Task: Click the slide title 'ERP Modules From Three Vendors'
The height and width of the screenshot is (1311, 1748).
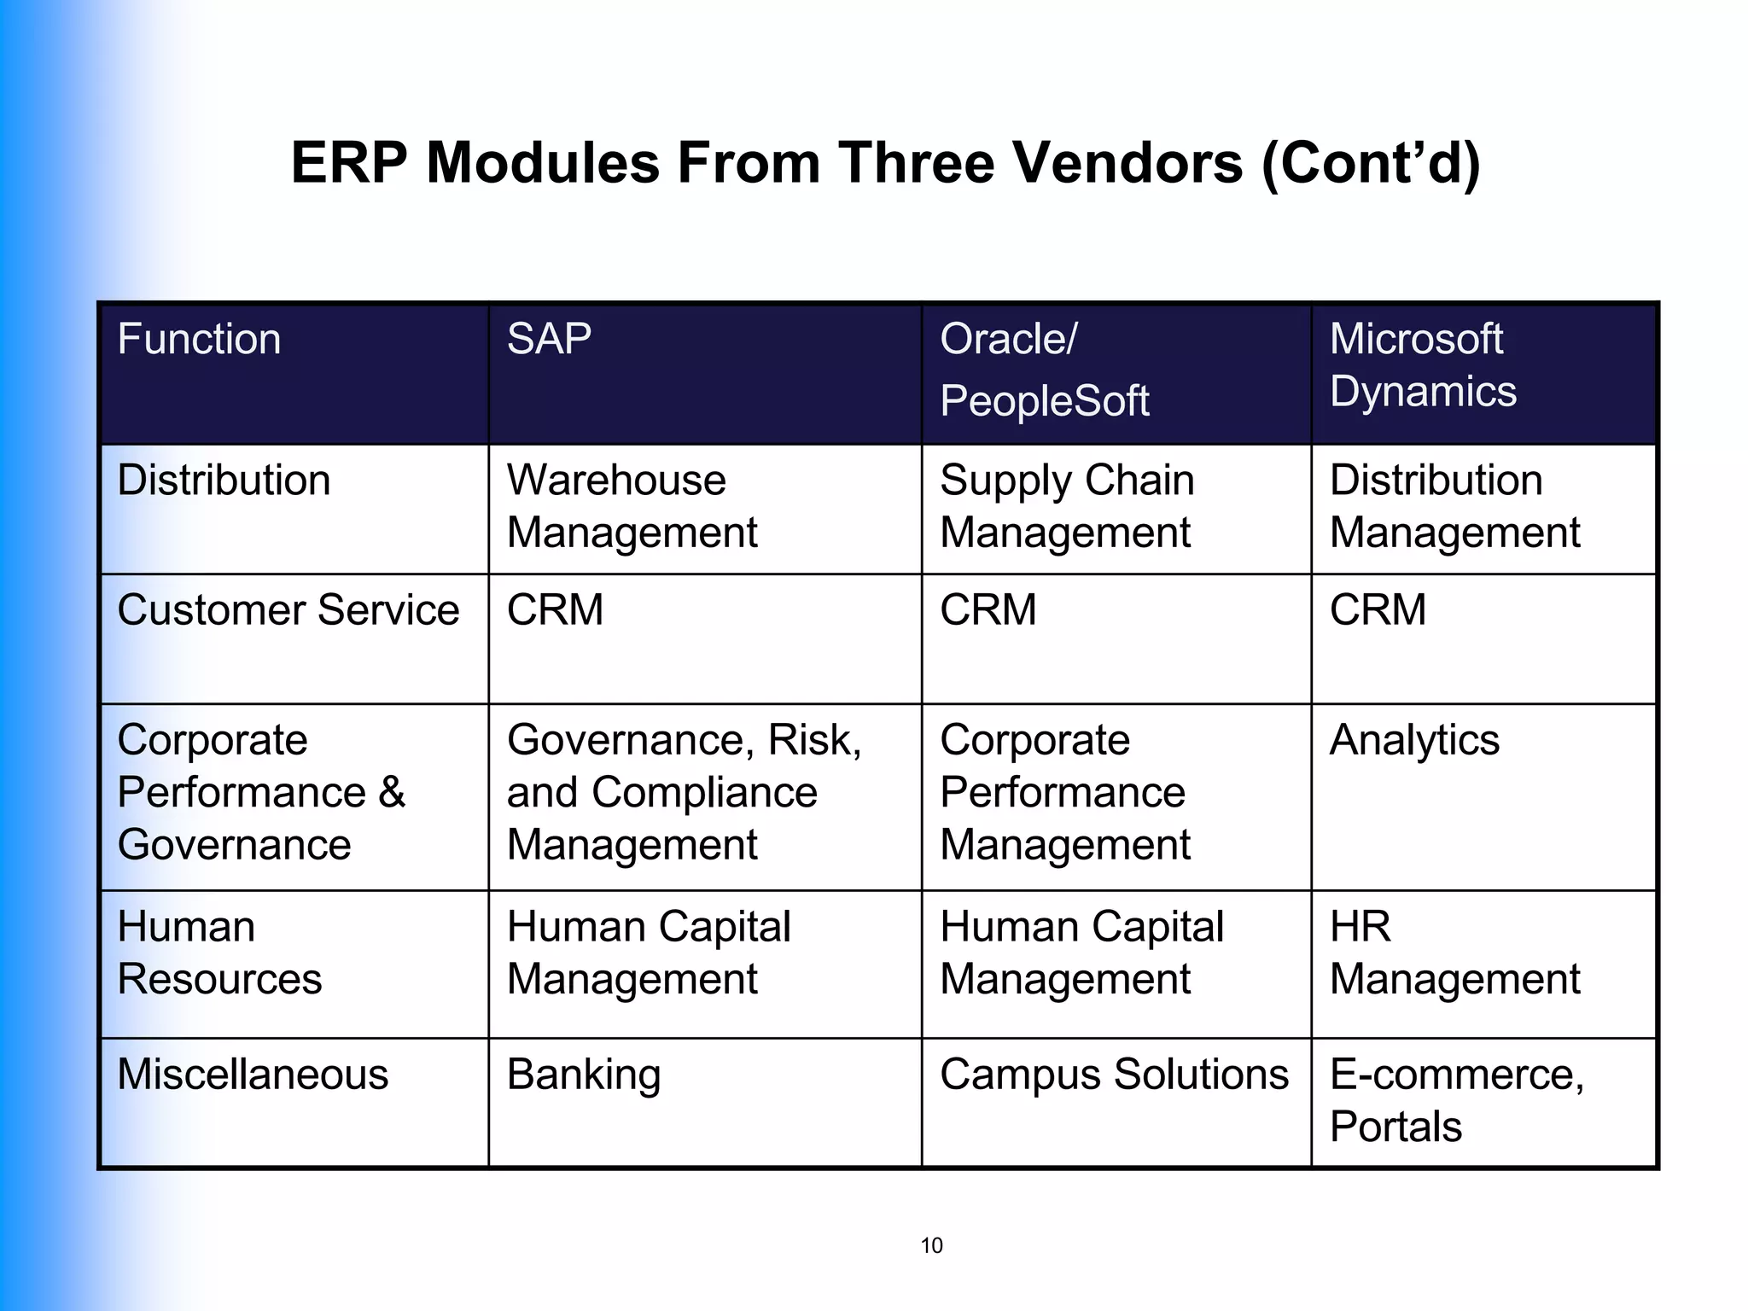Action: [x=885, y=162]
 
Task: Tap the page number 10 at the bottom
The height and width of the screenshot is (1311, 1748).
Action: [x=931, y=1246]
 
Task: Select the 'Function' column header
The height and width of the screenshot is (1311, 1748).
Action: [x=200, y=340]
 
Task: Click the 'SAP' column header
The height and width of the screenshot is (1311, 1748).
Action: [x=549, y=340]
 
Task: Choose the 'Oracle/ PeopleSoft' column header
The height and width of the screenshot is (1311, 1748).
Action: [x=1045, y=370]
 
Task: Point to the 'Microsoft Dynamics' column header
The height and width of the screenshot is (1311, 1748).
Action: [x=1423, y=365]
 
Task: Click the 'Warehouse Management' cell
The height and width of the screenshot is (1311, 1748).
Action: [x=632, y=506]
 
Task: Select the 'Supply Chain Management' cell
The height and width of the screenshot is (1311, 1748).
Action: [x=1066, y=506]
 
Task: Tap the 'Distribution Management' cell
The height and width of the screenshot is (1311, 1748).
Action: [x=1454, y=506]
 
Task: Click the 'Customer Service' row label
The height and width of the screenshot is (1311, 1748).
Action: [x=288, y=610]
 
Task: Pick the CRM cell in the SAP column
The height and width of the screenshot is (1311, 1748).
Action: [x=556, y=610]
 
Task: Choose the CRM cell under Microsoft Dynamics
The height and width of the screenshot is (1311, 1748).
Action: [x=1378, y=610]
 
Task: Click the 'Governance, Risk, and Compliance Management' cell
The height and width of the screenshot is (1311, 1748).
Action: [x=684, y=792]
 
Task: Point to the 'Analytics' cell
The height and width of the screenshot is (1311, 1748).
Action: [x=1414, y=740]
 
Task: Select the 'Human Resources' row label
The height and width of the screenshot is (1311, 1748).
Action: [x=219, y=953]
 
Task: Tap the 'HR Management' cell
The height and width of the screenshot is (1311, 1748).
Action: [x=1454, y=953]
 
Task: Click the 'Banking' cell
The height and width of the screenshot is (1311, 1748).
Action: [x=584, y=1075]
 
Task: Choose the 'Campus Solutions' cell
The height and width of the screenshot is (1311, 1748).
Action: [x=1114, y=1075]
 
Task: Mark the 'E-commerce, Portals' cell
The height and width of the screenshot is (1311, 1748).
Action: [x=1456, y=1100]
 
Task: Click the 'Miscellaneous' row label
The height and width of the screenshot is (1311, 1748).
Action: [x=253, y=1075]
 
